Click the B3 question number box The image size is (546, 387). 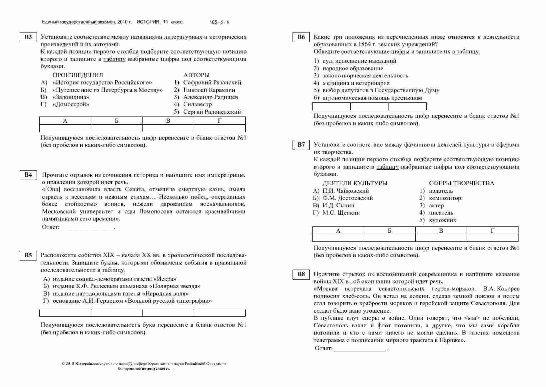coord(28,37)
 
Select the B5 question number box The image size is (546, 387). coord(28,256)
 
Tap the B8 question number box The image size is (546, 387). coord(301,274)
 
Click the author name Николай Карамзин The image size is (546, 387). coord(209,90)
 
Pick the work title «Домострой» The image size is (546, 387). coord(71,104)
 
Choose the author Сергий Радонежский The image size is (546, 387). coord(212,112)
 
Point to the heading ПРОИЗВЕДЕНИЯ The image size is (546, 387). coord(78,75)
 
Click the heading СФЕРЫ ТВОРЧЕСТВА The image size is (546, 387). coord(461,183)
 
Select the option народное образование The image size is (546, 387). coord(353,68)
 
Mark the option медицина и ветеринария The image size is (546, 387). coord(356,83)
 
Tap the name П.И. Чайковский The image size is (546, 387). coord(345,191)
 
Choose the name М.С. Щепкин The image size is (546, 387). coord(341,213)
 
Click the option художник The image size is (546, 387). coord(443,220)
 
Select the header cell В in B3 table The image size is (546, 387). coord(168,121)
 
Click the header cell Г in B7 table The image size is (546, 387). coord(492,231)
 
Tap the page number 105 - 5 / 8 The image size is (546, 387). coord(219,22)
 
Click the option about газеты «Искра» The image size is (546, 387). coord(114,279)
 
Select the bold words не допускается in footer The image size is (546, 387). coord(156,369)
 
